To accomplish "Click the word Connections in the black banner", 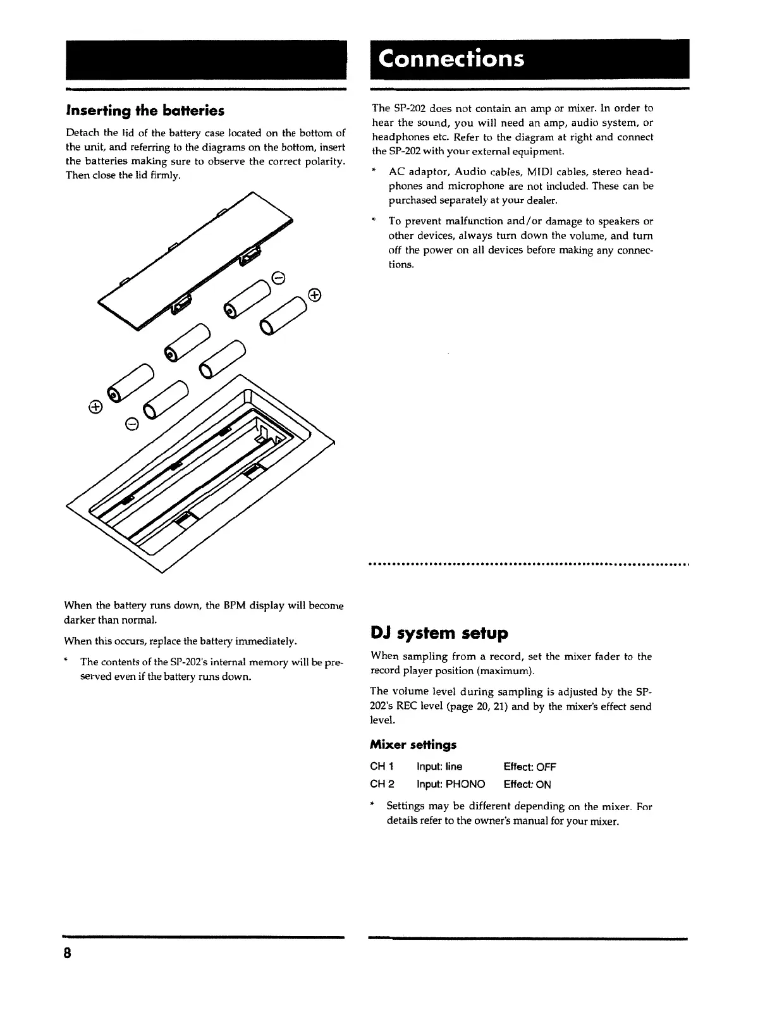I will point(451,59).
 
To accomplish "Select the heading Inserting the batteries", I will point(145,111).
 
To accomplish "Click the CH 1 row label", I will point(382,767).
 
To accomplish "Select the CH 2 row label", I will point(382,784).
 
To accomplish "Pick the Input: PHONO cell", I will point(451,784).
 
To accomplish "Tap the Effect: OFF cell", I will point(530,767).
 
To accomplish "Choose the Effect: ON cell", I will point(527,784).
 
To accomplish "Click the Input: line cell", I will point(439,767).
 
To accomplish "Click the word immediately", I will point(266,642).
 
